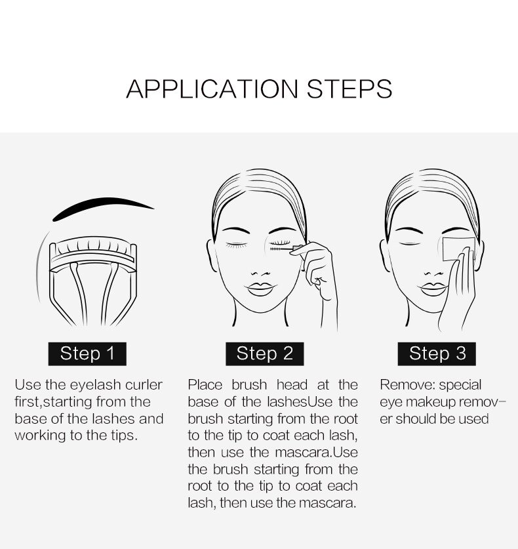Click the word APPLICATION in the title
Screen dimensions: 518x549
click(x=212, y=89)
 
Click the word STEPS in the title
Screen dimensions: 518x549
click(x=349, y=89)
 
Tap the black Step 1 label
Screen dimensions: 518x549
click(x=87, y=354)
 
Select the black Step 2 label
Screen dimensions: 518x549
click(x=265, y=354)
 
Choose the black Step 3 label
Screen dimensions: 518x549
click(x=437, y=354)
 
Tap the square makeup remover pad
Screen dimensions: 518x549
click(x=458, y=249)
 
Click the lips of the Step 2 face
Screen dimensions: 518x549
click(x=260, y=289)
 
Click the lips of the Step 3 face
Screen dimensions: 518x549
click(x=433, y=289)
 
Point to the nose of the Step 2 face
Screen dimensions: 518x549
click(x=260, y=273)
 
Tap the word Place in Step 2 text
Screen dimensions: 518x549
click(x=205, y=385)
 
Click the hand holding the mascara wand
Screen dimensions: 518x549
click(x=319, y=277)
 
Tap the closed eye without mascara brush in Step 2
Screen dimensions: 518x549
click(x=236, y=245)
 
